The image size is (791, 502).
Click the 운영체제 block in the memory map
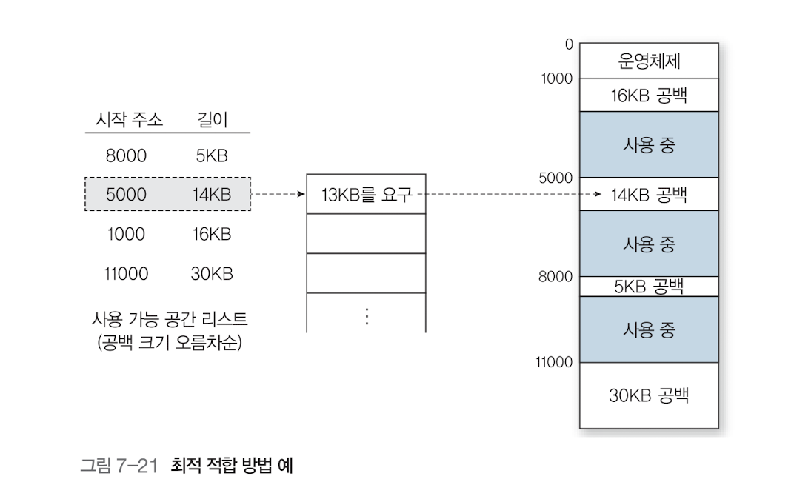click(x=649, y=61)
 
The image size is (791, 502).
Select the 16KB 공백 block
click(x=649, y=95)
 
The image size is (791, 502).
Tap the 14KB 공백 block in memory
click(x=649, y=195)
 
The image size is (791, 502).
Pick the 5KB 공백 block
click(x=649, y=287)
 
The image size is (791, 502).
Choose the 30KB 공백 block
click(x=649, y=395)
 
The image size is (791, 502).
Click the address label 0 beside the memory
click(x=569, y=44)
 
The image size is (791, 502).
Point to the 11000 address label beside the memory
click(x=553, y=362)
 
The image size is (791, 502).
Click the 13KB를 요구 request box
click(x=366, y=195)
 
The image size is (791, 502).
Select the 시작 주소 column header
click(x=130, y=119)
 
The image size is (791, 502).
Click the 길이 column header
click(x=213, y=119)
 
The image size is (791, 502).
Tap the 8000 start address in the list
click(x=126, y=155)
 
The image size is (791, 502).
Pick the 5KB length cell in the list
click(x=212, y=155)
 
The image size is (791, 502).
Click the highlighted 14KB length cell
click(x=212, y=195)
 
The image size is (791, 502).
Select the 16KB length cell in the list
click(x=212, y=234)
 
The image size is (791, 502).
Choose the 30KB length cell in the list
click(x=212, y=274)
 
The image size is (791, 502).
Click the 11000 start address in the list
click(x=126, y=274)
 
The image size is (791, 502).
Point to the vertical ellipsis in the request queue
click(x=366, y=315)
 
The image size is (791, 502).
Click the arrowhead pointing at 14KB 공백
click(x=596, y=195)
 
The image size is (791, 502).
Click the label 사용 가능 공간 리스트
click(x=169, y=320)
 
